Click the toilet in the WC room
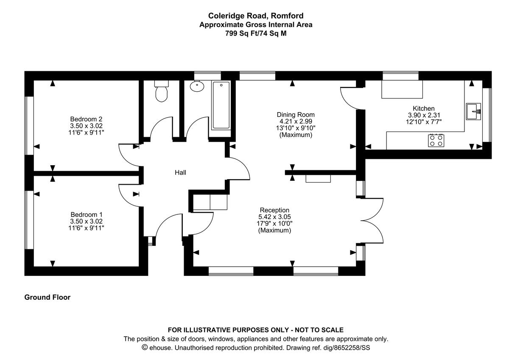click(x=161, y=93)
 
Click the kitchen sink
click(x=473, y=112)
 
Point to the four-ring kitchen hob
click(x=436, y=140)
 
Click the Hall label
click(x=180, y=173)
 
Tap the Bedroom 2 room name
click(x=86, y=119)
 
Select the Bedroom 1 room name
click(x=86, y=214)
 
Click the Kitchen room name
click(x=424, y=109)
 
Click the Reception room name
click(x=274, y=210)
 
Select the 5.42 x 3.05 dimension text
click(x=274, y=217)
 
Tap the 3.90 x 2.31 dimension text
click(x=424, y=115)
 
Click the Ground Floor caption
click(x=48, y=298)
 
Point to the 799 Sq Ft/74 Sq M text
click(x=256, y=33)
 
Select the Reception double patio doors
click(x=372, y=219)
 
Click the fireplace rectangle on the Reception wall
click(x=318, y=179)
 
